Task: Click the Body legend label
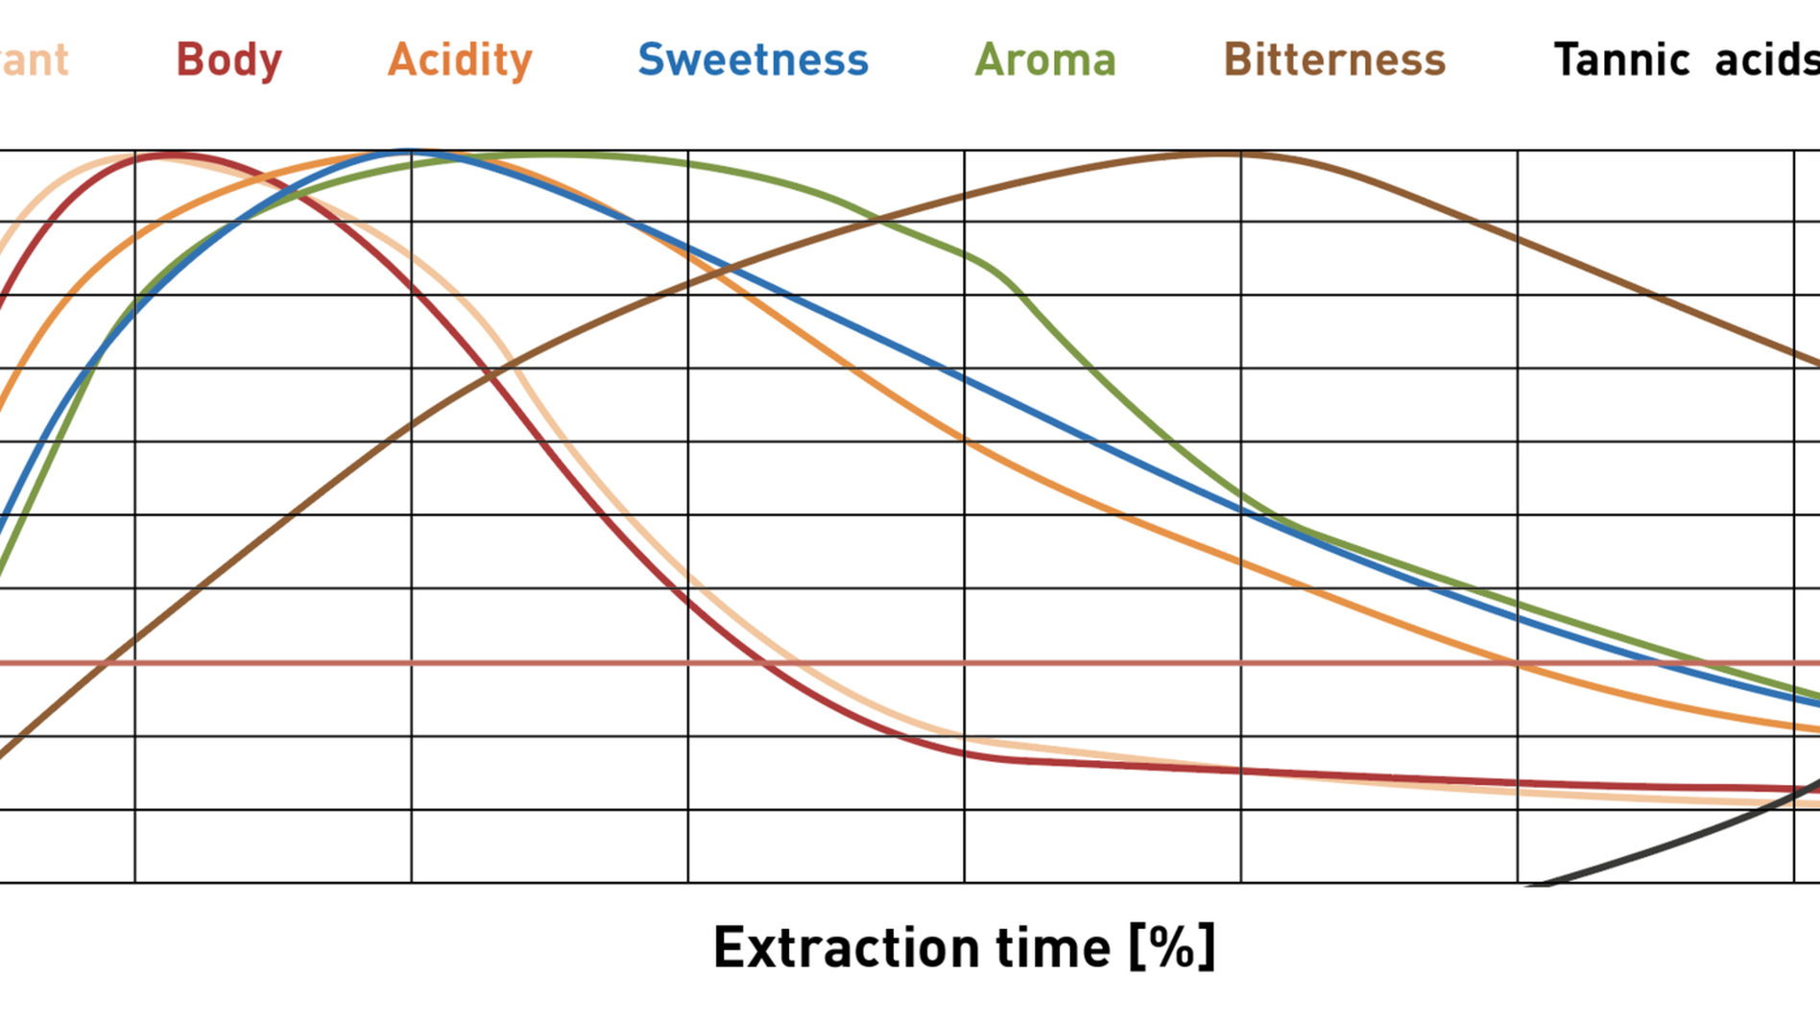click(228, 60)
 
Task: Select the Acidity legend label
click(460, 60)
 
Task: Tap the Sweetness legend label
click(753, 60)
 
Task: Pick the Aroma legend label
click(1045, 60)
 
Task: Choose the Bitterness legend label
click(1334, 60)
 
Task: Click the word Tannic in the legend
click(1621, 60)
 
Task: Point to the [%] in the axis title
click(1172, 948)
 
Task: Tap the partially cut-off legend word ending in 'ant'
click(34, 60)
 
